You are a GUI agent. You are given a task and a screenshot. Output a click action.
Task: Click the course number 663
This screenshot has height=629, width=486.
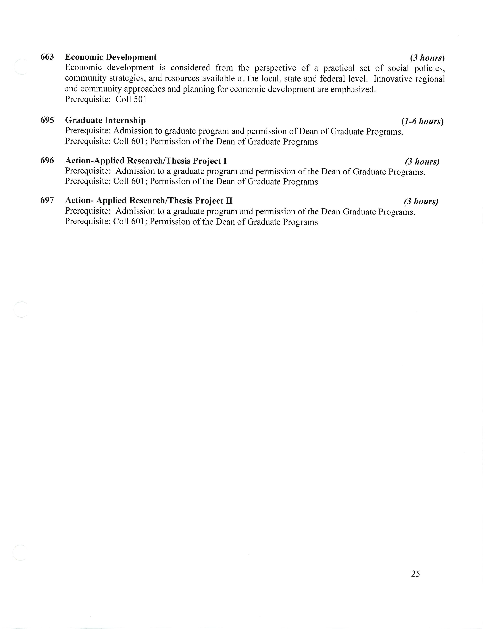pos(47,57)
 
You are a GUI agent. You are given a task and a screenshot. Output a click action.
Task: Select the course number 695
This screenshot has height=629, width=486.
pos(47,120)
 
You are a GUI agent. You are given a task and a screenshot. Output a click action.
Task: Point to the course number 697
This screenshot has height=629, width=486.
pos(47,200)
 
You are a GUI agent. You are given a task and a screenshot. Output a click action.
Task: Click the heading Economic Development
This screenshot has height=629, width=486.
pos(111,57)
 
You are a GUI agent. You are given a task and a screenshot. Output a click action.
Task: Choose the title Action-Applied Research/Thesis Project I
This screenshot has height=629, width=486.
pos(146,160)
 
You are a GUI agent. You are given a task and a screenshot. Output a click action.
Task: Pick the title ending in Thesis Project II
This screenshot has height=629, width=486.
pos(149,201)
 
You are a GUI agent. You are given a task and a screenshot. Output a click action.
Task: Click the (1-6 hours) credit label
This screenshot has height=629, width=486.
pos(422,121)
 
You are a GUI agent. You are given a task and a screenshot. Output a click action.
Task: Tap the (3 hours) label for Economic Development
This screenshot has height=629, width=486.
pos(427,58)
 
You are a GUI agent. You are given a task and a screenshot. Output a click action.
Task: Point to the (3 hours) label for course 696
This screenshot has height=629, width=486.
pos(422,162)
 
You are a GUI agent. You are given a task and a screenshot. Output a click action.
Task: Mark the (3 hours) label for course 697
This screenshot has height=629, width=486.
pos(421,201)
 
